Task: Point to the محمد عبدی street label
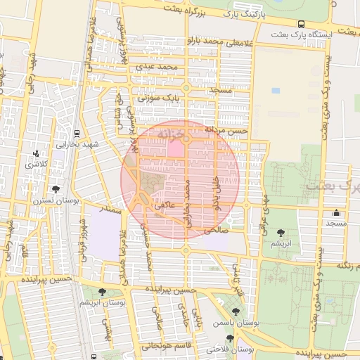(155, 66)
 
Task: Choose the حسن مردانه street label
(226, 130)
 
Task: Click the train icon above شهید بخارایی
(77, 134)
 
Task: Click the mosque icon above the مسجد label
(336, 212)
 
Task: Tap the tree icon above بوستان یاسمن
(235, 311)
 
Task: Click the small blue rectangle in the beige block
(275, 91)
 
